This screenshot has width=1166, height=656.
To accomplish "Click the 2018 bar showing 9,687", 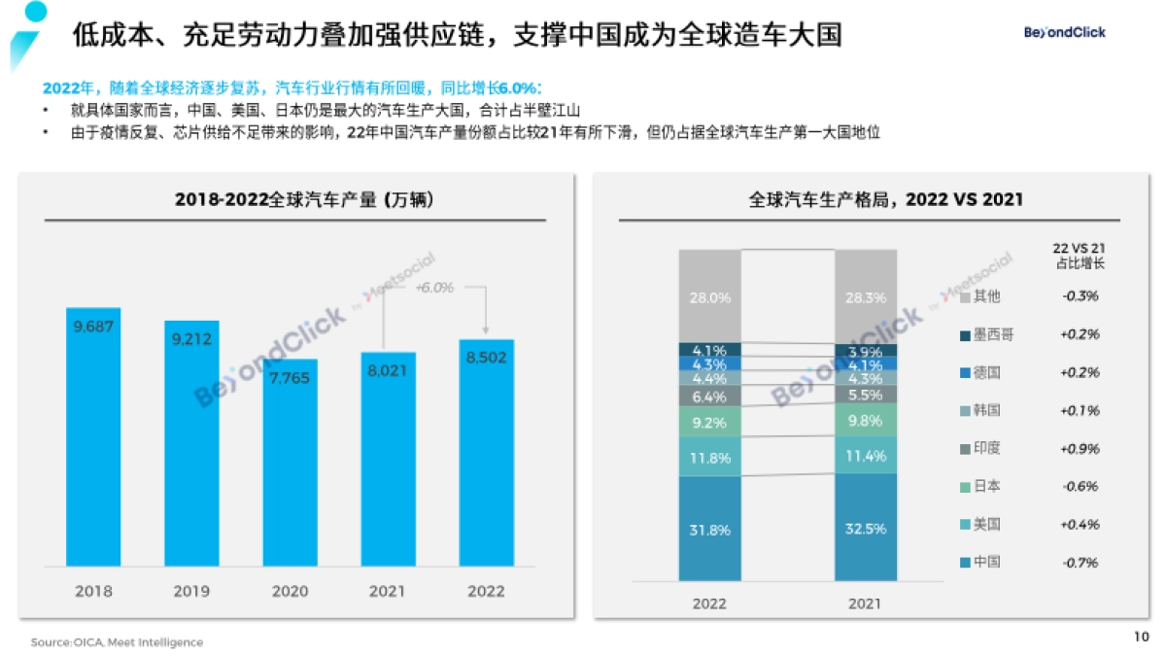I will coord(93,437).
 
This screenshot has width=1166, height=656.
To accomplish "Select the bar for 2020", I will coord(290,463).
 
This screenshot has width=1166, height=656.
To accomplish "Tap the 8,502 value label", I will coord(486,358).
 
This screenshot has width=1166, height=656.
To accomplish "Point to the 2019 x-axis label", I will coord(191,591).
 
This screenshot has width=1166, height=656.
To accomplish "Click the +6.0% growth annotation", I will coord(434,288).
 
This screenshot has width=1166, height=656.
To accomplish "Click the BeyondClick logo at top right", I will coord(1065,32).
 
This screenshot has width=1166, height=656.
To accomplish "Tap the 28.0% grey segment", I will coord(709,297).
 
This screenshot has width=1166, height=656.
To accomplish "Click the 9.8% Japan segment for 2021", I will coord(865,420).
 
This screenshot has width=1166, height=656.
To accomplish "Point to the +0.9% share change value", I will coord(1080,448).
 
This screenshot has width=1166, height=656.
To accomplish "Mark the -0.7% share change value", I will coord(1080,562).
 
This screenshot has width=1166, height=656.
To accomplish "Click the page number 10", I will coord(1142,638).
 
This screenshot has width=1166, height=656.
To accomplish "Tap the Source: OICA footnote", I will coord(117,642).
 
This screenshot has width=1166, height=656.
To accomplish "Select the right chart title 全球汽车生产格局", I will coord(885,200).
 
